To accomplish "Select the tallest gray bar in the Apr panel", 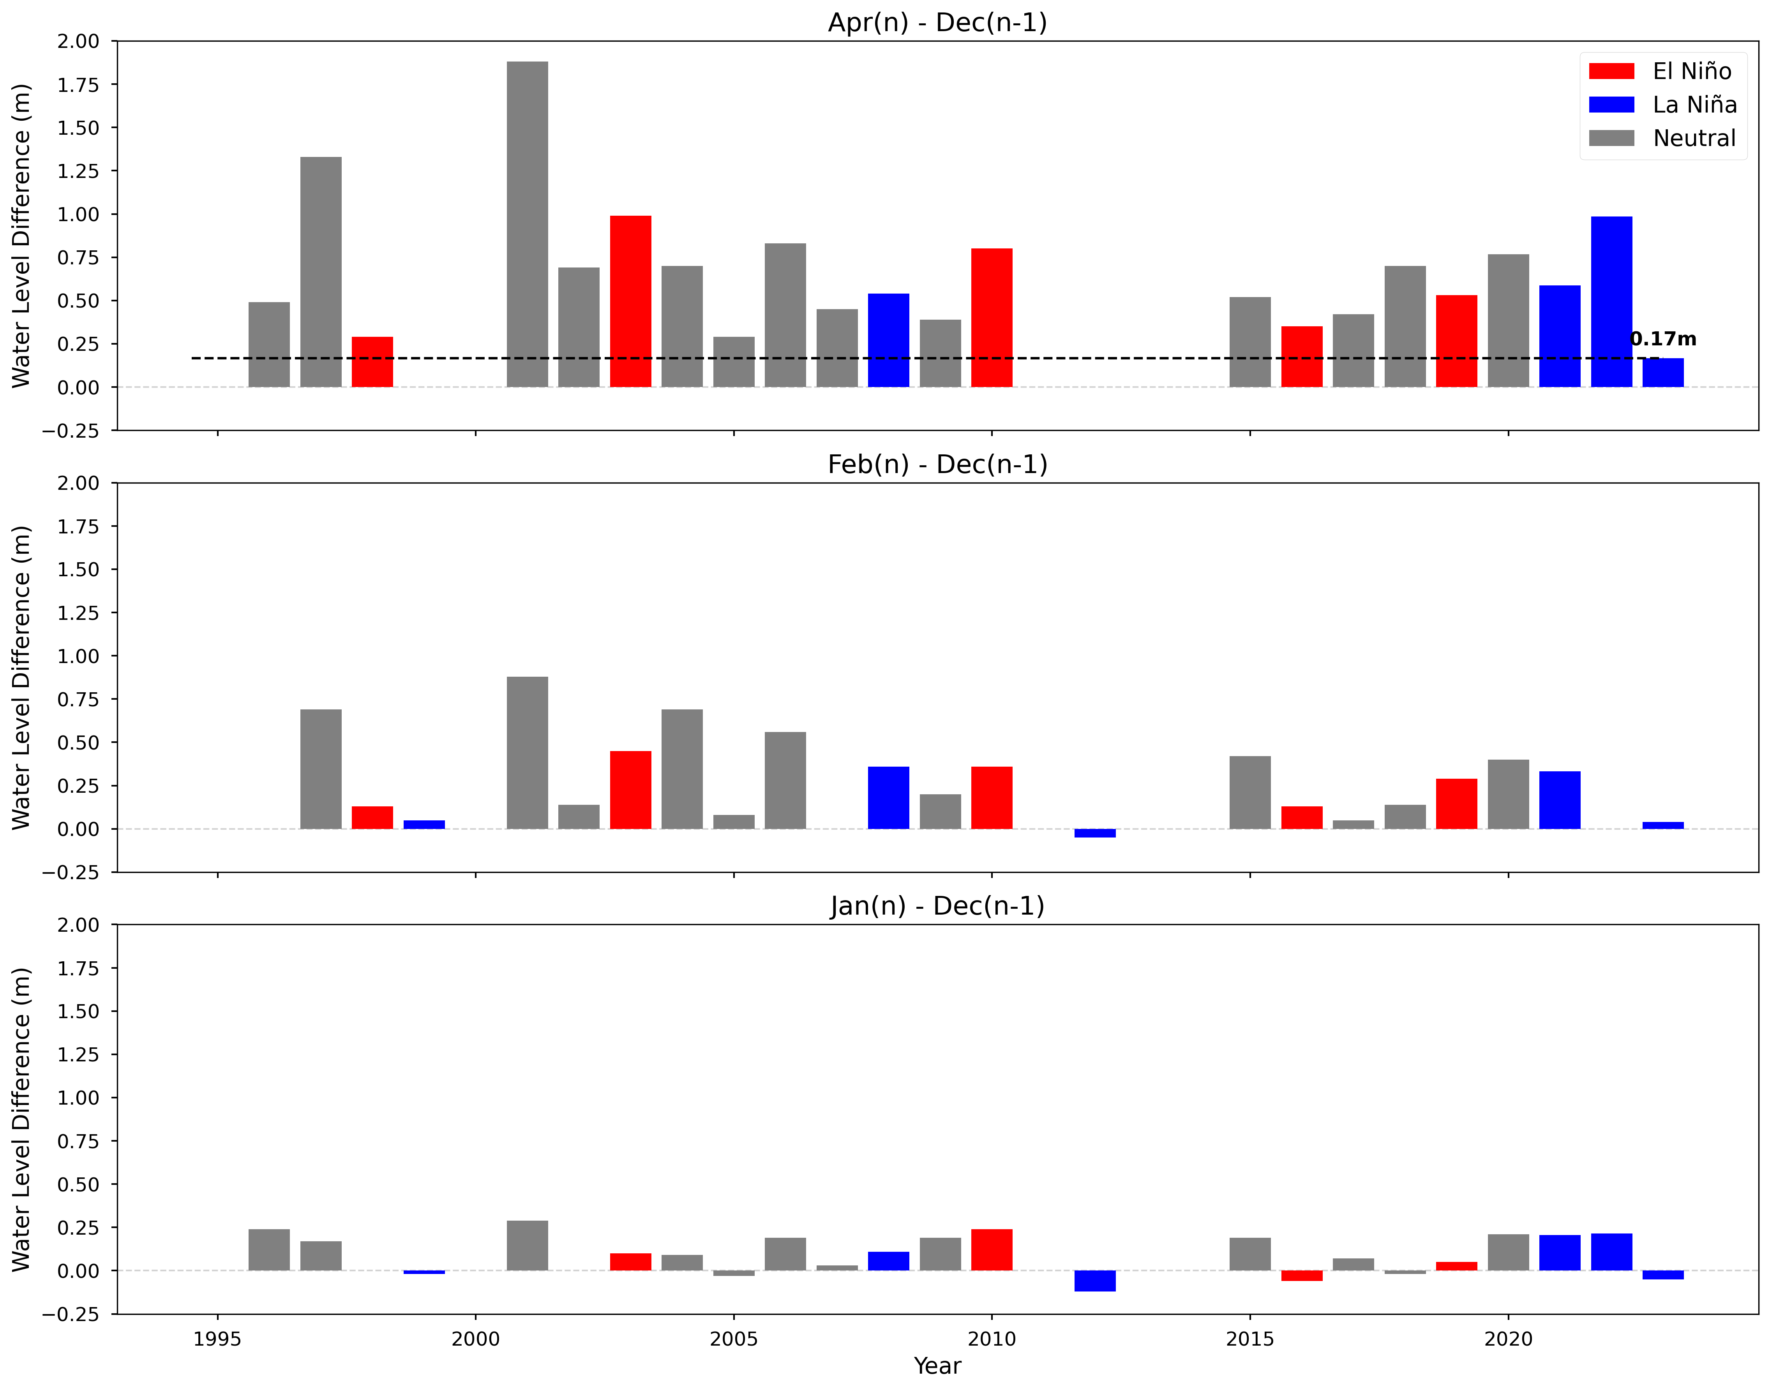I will pos(528,224).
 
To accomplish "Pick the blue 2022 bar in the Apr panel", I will pos(1611,301).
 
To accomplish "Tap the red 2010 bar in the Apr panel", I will pos(992,317).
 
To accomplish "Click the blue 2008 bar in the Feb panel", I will pos(888,797).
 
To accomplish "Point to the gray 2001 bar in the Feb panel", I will pos(528,753).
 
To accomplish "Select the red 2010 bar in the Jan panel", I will pos(992,1250).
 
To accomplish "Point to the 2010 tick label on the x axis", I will pos(992,1339).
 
